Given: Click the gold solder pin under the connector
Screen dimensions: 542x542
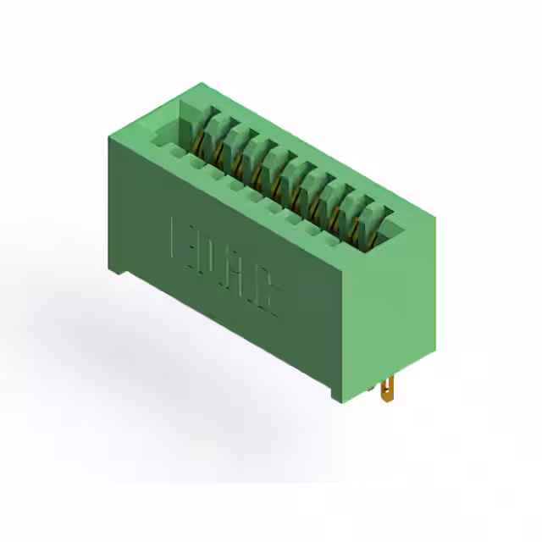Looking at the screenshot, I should (387, 391).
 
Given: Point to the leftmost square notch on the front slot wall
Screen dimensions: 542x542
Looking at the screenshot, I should (176, 152).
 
